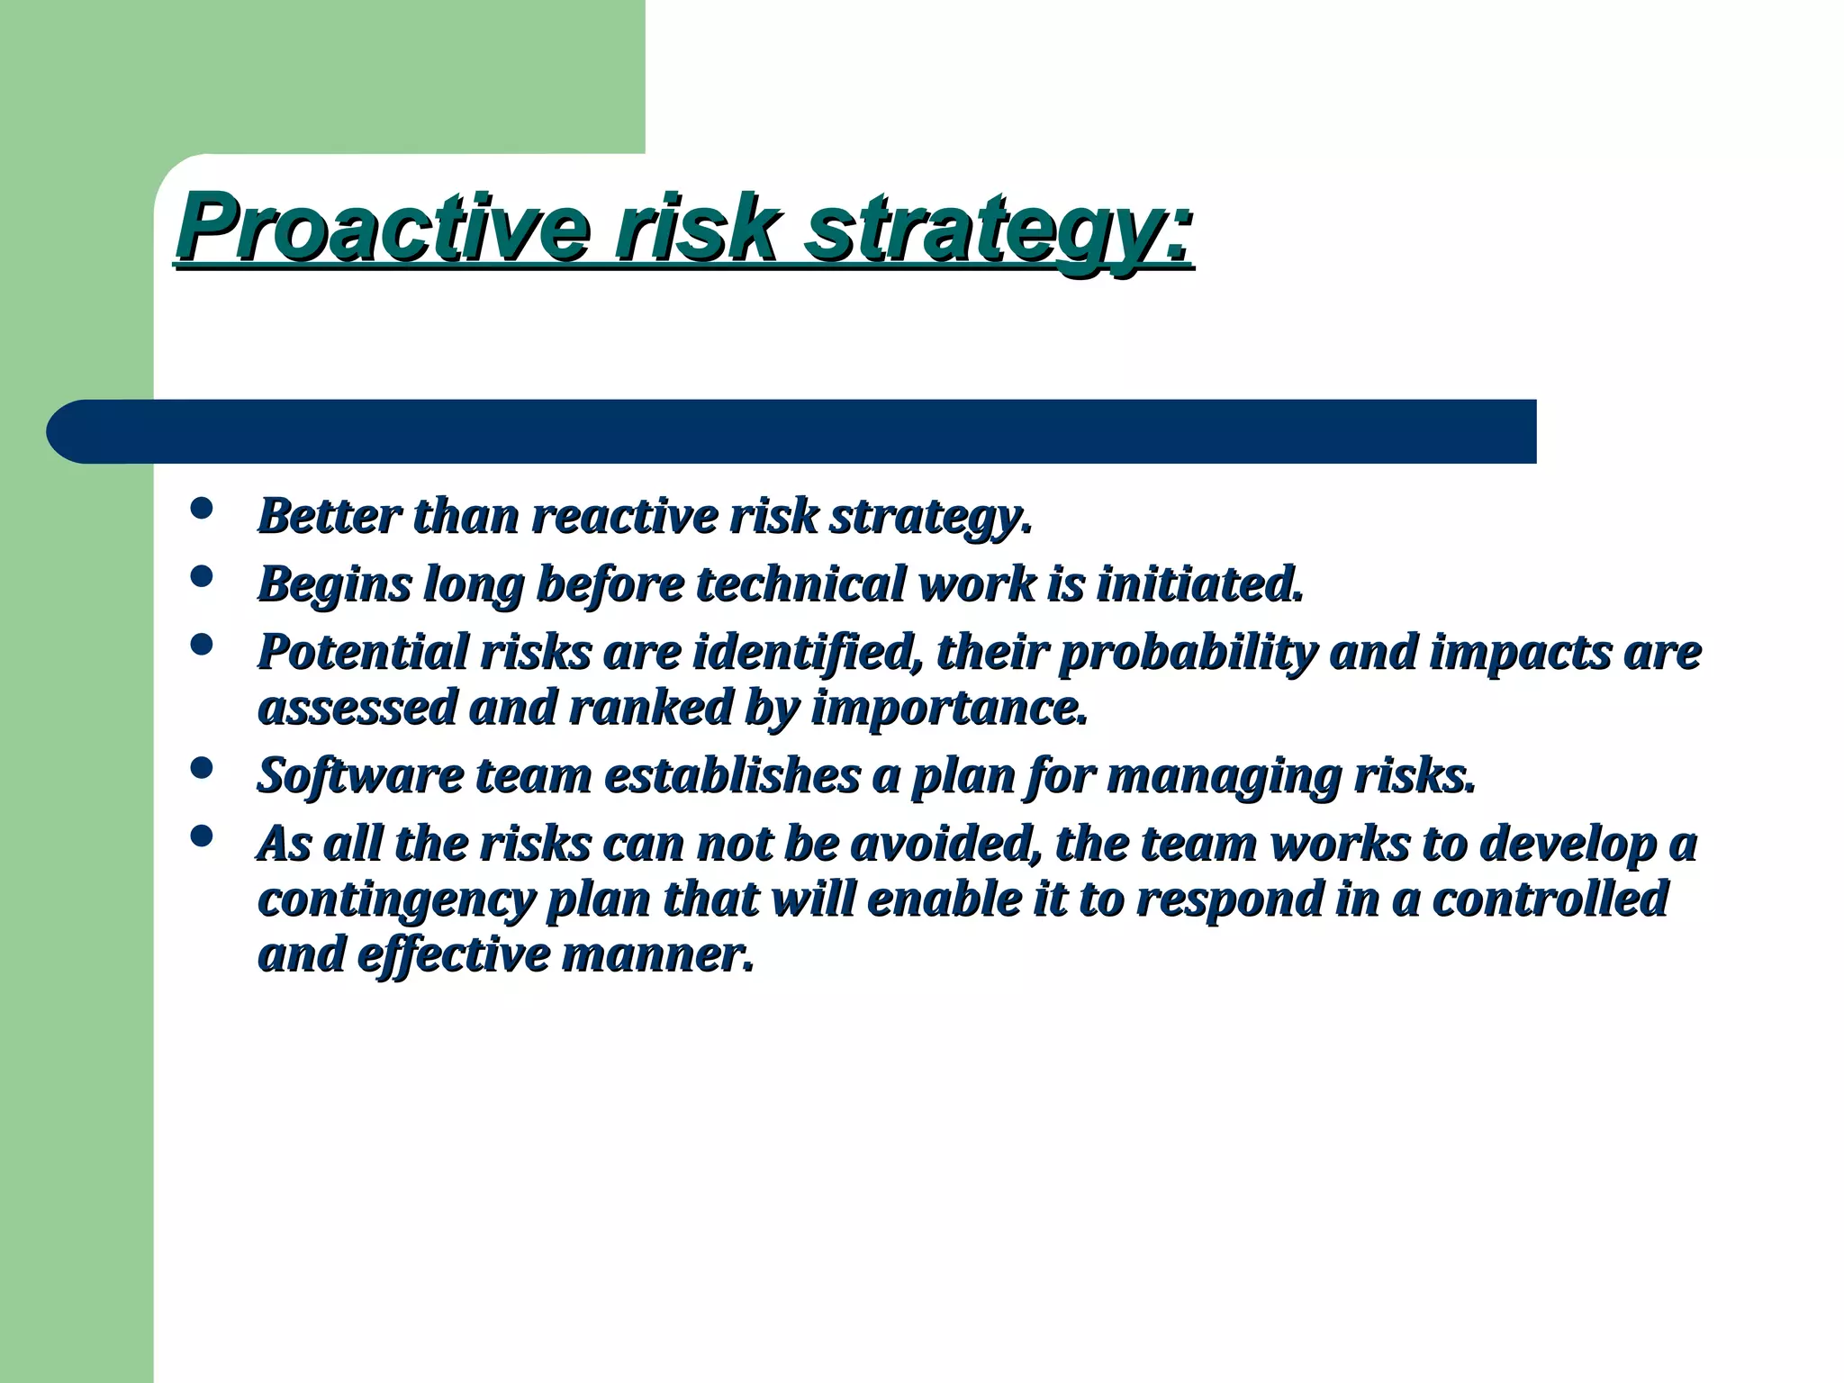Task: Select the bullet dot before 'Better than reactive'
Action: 203,509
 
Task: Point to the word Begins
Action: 334,585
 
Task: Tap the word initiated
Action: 1198,583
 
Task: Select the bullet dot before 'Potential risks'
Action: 203,645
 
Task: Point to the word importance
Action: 949,709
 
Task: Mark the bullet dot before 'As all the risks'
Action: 203,836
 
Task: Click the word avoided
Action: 945,844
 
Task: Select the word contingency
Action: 395,900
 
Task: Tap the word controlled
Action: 1549,899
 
